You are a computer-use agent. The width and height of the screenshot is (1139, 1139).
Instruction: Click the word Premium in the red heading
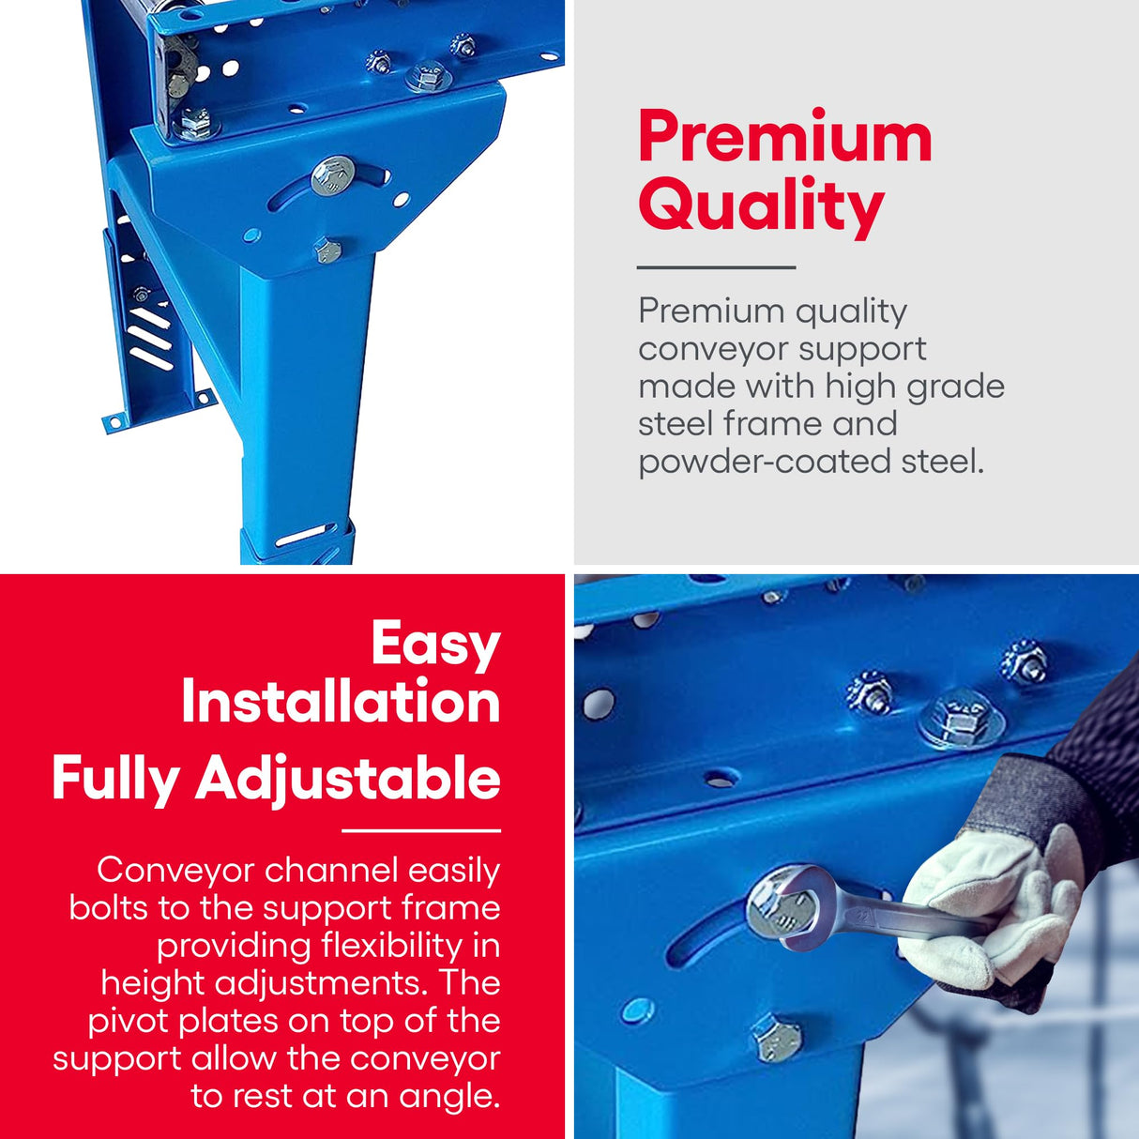[785, 138]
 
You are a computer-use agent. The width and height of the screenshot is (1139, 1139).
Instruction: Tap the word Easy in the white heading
[435, 645]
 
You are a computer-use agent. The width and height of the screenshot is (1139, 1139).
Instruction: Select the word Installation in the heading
[341, 702]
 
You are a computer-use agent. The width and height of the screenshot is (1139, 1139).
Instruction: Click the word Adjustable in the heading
[348, 779]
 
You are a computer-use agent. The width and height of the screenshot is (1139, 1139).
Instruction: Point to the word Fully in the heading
[115, 779]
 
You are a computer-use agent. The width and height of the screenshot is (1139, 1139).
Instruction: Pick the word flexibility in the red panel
[391, 946]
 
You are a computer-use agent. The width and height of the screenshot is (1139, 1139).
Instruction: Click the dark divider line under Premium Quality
[716, 267]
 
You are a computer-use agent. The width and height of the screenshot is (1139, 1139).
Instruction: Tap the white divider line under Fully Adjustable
[420, 830]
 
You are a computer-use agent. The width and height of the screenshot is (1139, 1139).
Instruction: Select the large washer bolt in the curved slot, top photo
[332, 175]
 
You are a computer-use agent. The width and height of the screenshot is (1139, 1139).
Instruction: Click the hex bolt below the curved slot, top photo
[327, 251]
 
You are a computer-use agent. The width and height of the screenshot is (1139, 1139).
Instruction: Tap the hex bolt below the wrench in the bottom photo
[777, 1038]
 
